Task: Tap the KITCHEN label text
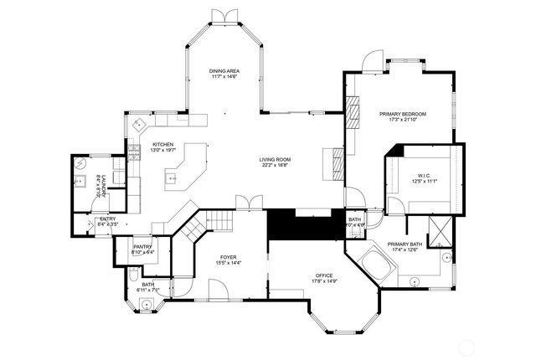162,144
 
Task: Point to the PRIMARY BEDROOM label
403,114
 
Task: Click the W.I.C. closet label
424,175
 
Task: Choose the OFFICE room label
324,275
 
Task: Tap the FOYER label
229,257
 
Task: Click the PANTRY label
142,247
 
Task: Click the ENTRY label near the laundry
107,219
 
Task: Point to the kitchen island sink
173,177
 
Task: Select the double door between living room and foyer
245,203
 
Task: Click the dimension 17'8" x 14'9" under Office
324,281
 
